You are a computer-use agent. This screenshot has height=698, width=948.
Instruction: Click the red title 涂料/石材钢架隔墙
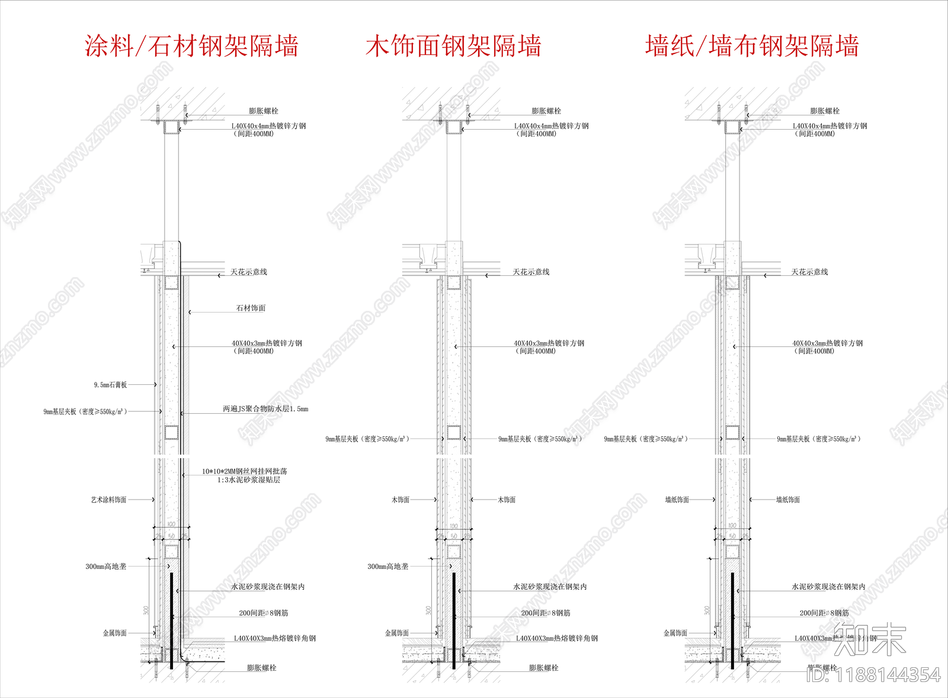(x=191, y=46)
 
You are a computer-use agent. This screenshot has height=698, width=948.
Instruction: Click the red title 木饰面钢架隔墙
(x=453, y=46)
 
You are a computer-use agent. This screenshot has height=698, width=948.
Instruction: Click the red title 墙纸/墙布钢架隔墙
(x=752, y=46)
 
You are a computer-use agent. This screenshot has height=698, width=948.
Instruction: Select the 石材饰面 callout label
(x=251, y=308)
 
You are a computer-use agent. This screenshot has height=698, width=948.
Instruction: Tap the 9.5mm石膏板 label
(x=110, y=385)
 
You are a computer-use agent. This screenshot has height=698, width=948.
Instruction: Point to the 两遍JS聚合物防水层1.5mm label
(x=265, y=409)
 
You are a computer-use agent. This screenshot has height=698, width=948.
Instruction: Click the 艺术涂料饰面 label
(x=108, y=500)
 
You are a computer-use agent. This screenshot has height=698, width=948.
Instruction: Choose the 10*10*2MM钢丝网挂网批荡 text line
(x=245, y=472)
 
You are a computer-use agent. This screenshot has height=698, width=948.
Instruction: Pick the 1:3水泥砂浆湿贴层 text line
(x=248, y=480)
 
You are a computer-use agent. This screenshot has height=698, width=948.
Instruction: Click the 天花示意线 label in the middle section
(x=531, y=272)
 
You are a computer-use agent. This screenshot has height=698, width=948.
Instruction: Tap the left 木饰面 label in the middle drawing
(x=401, y=500)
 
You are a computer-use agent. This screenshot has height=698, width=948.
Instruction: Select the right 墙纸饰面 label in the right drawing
(x=787, y=500)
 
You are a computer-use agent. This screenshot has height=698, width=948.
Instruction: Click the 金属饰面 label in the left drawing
(x=115, y=633)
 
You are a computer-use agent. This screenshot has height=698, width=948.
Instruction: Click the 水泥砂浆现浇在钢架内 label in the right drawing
(x=828, y=587)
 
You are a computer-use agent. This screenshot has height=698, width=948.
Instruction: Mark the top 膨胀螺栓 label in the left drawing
(x=263, y=111)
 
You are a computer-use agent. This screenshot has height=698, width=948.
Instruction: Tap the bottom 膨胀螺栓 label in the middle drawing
(x=543, y=668)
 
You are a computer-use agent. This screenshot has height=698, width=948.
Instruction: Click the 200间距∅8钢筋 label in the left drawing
(x=264, y=613)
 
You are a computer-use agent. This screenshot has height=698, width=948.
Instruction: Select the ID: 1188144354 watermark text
(x=873, y=675)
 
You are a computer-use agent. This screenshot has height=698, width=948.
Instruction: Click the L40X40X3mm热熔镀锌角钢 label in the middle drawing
(x=556, y=639)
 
